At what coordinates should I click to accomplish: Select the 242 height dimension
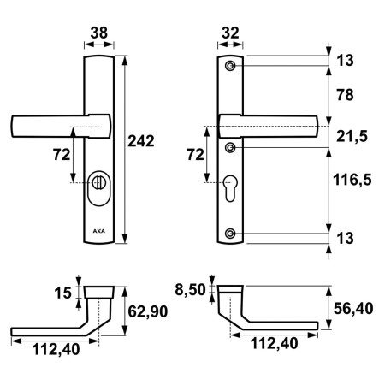pyautogui.click(x=142, y=140)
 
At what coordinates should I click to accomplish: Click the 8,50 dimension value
pyautogui.click(x=190, y=290)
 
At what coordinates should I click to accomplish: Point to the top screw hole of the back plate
pyautogui.click(x=230, y=66)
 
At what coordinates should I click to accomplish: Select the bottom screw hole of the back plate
pyautogui.click(x=230, y=234)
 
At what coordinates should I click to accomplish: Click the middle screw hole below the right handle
pyautogui.click(x=230, y=147)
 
